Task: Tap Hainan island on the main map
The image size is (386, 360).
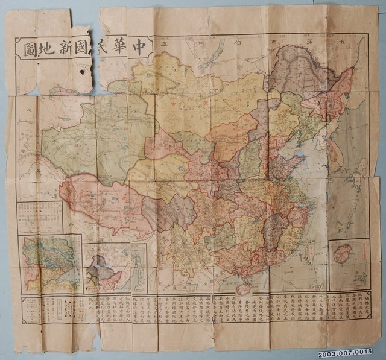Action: pyautogui.click(x=244, y=288)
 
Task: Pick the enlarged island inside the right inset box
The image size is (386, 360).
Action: pyautogui.click(x=343, y=253)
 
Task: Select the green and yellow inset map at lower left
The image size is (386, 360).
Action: pyautogui.click(x=51, y=263)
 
